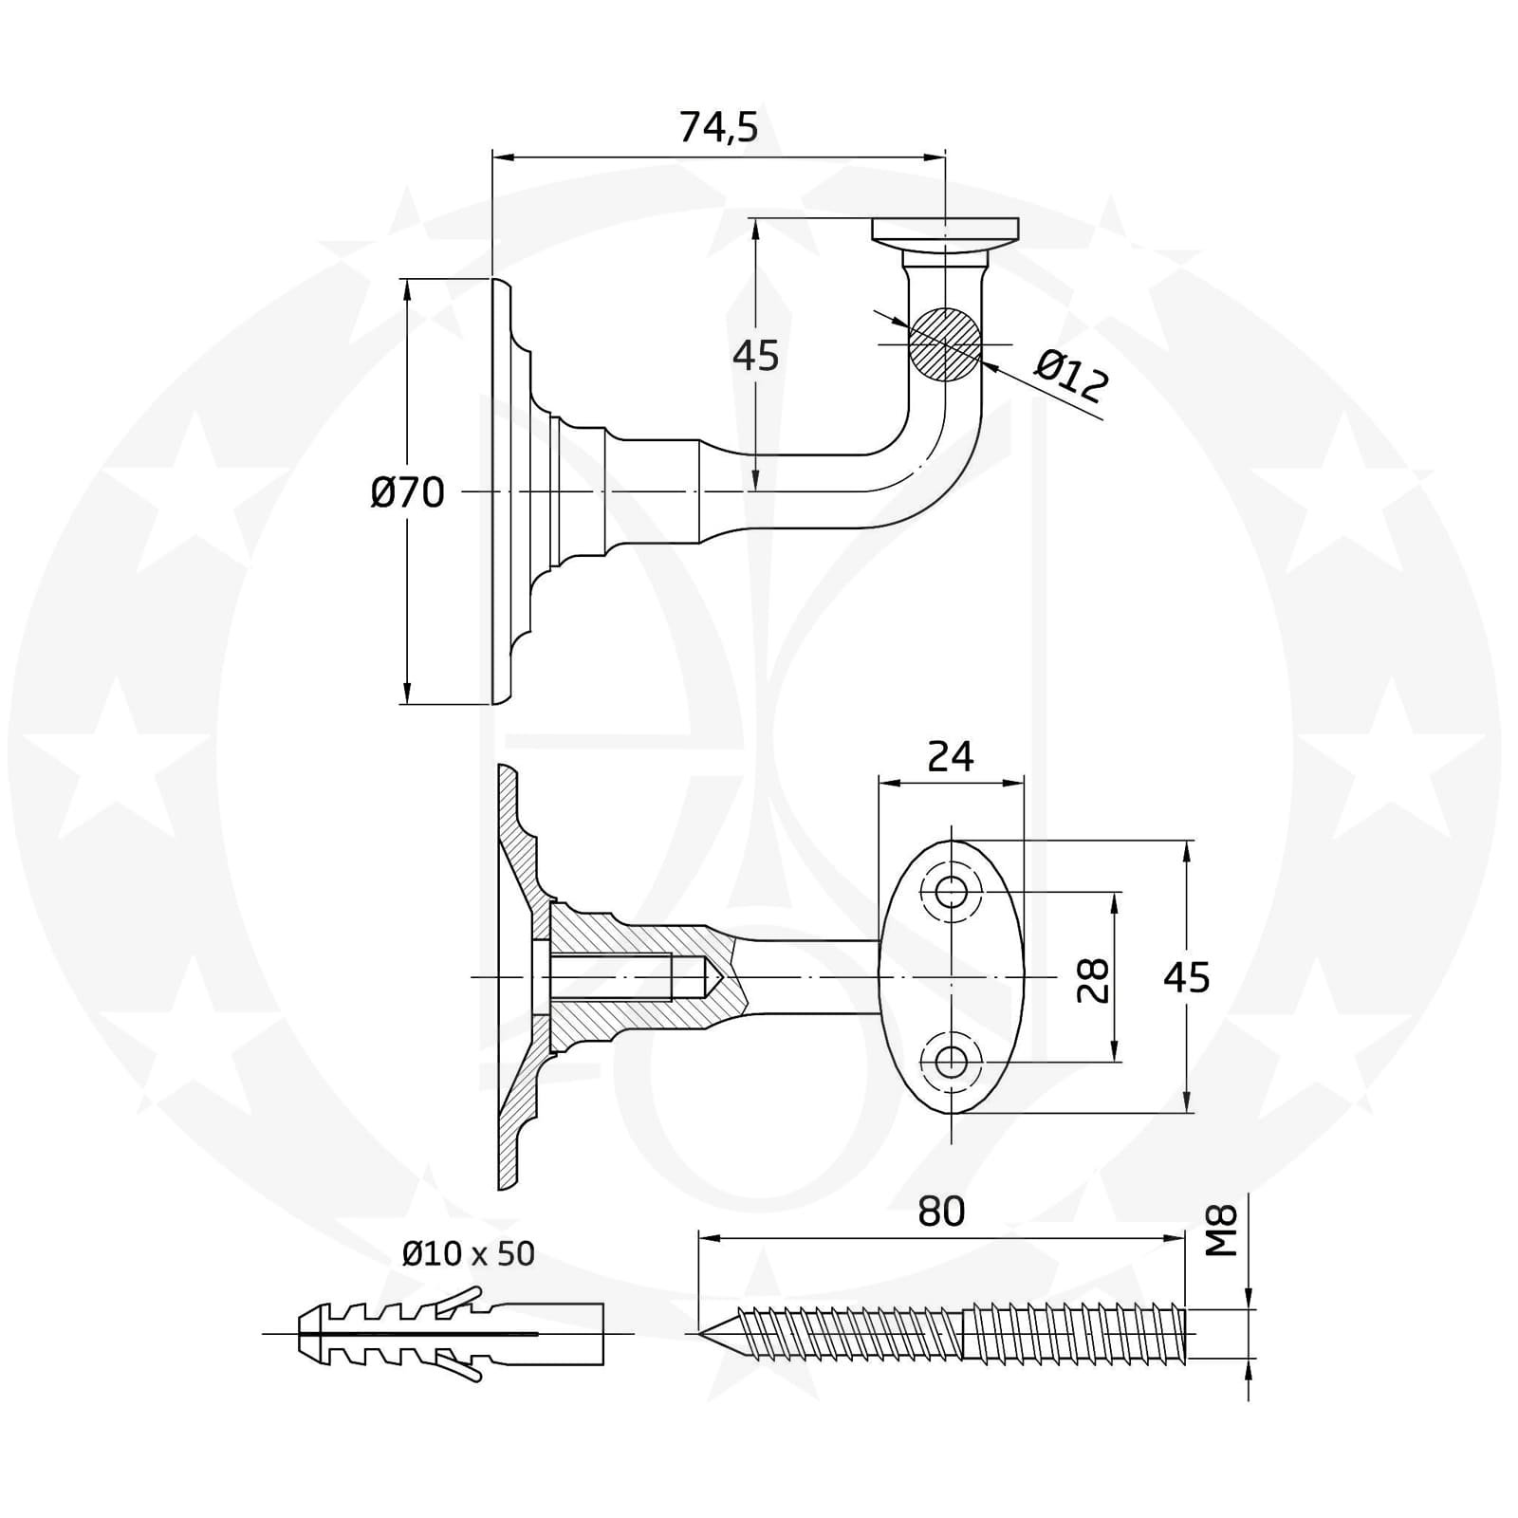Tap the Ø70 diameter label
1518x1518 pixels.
407,493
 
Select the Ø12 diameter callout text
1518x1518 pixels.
1071,376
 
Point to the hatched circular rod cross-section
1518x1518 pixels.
945,343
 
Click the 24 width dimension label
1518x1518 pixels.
951,757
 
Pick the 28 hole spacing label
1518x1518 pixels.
1094,979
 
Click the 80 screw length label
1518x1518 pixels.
941,1212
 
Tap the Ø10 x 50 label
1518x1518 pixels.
469,1253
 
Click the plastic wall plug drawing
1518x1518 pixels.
452,1334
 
